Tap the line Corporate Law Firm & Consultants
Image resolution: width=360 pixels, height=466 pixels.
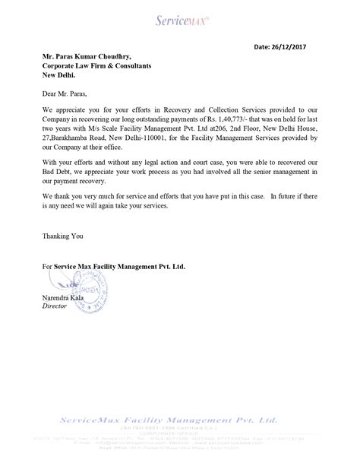96,66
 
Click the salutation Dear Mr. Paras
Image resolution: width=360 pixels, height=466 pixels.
65,95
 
